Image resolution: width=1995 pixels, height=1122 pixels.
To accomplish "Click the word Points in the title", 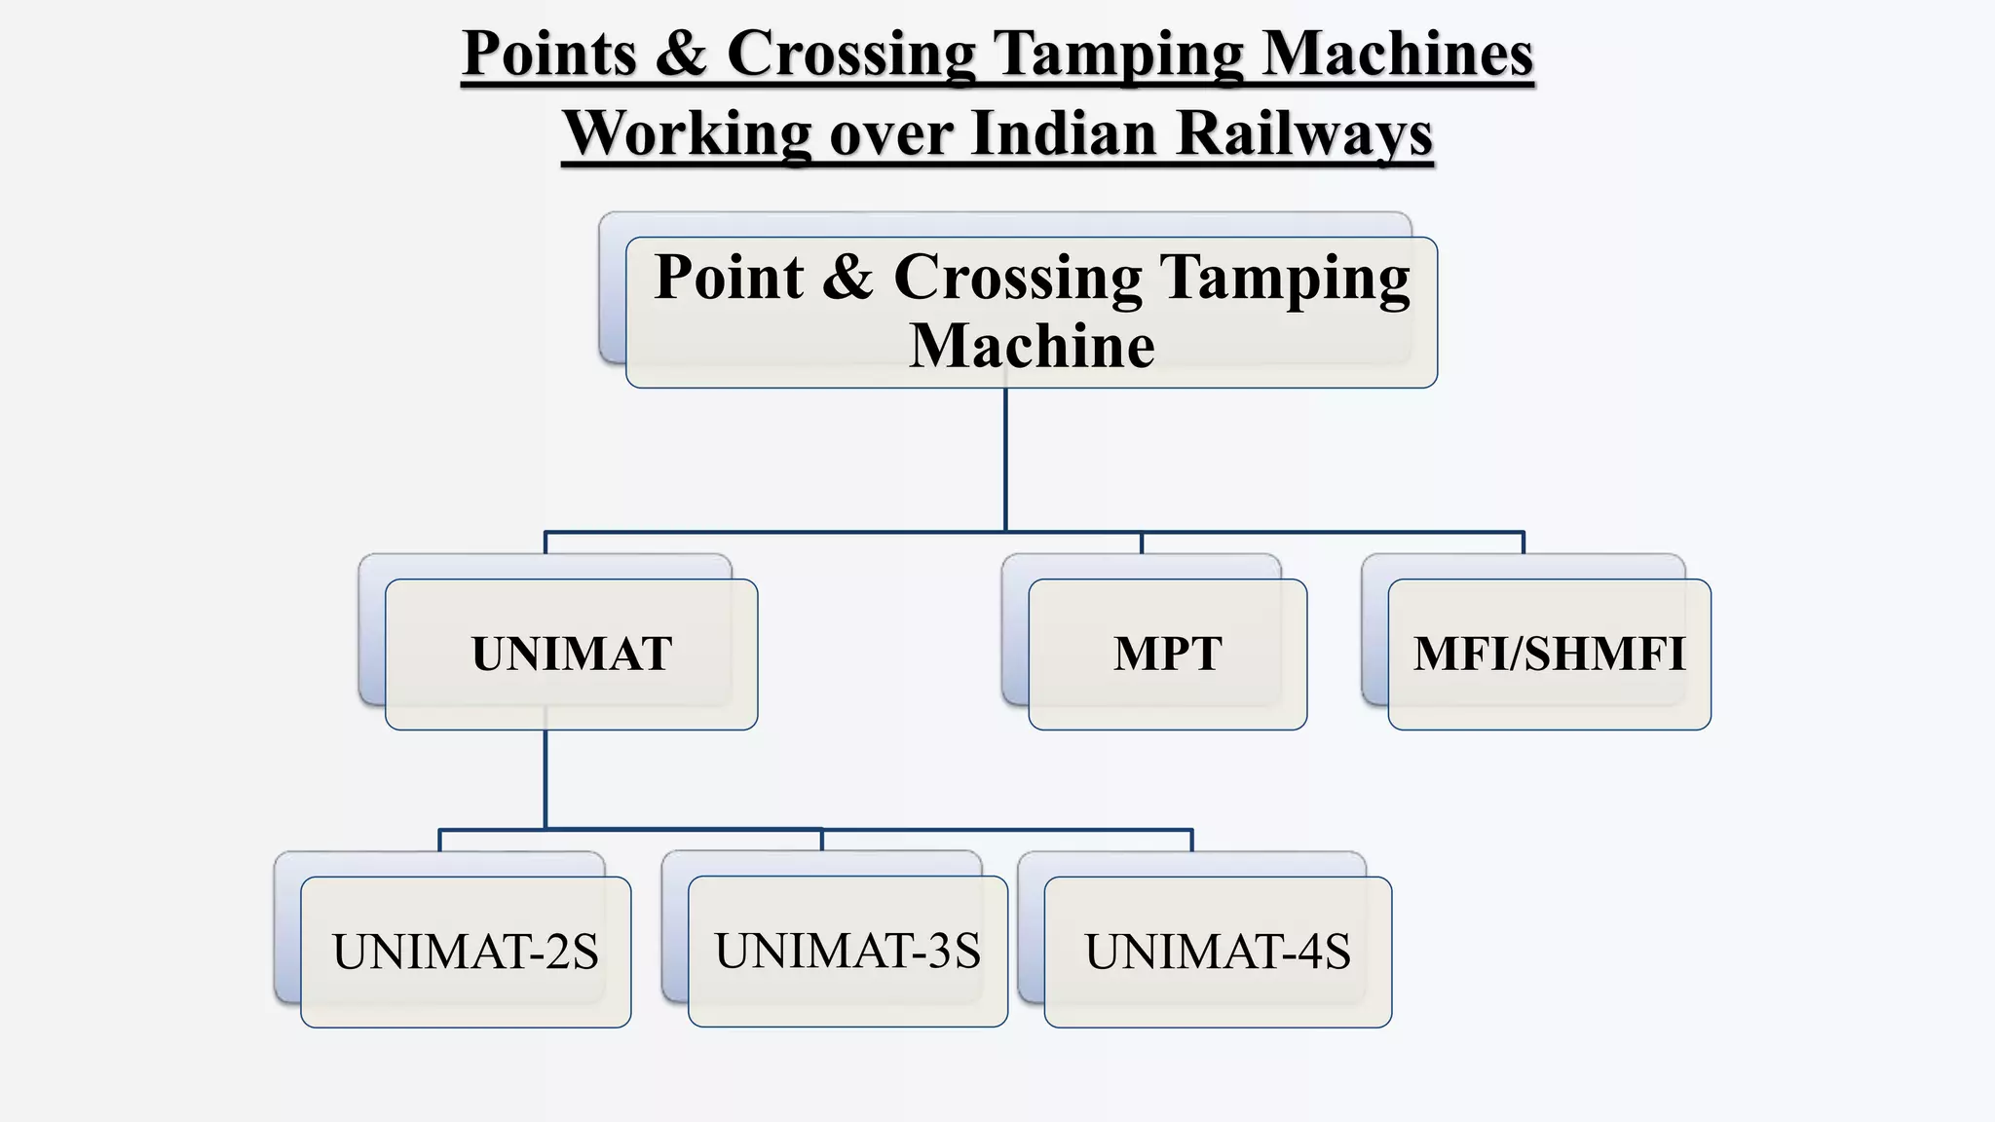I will [x=549, y=54].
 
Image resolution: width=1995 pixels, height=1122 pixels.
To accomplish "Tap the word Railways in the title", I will [x=1304, y=133].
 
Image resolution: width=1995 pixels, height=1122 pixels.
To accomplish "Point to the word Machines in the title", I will [x=1398, y=54].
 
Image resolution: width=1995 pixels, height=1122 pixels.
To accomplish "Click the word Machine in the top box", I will [x=1032, y=346].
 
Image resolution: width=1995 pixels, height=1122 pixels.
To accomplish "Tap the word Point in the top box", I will [x=729, y=278].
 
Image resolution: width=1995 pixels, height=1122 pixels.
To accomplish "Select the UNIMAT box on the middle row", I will [x=572, y=654].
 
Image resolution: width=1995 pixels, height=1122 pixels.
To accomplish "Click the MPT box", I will [x=1167, y=654].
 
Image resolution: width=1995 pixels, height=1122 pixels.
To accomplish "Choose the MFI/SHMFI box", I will [x=1549, y=654].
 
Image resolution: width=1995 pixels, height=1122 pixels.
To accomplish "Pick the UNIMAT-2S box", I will [x=466, y=952].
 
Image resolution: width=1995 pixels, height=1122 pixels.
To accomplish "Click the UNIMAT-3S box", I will [x=847, y=951].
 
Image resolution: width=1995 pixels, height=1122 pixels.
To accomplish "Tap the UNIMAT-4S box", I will [x=1218, y=952].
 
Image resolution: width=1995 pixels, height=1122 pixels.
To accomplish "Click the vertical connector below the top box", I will [x=1005, y=458].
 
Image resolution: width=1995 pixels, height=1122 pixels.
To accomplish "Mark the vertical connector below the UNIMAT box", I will [x=546, y=779].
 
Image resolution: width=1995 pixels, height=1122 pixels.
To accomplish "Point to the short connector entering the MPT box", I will [x=1142, y=543].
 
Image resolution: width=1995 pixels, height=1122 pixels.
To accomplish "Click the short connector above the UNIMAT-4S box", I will [x=1191, y=841].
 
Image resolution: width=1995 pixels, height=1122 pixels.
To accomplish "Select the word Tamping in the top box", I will [x=1285, y=278].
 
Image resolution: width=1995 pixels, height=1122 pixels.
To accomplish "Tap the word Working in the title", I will [x=687, y=133].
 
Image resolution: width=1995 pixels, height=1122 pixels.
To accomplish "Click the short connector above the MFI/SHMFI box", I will [x=1523, y=543].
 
